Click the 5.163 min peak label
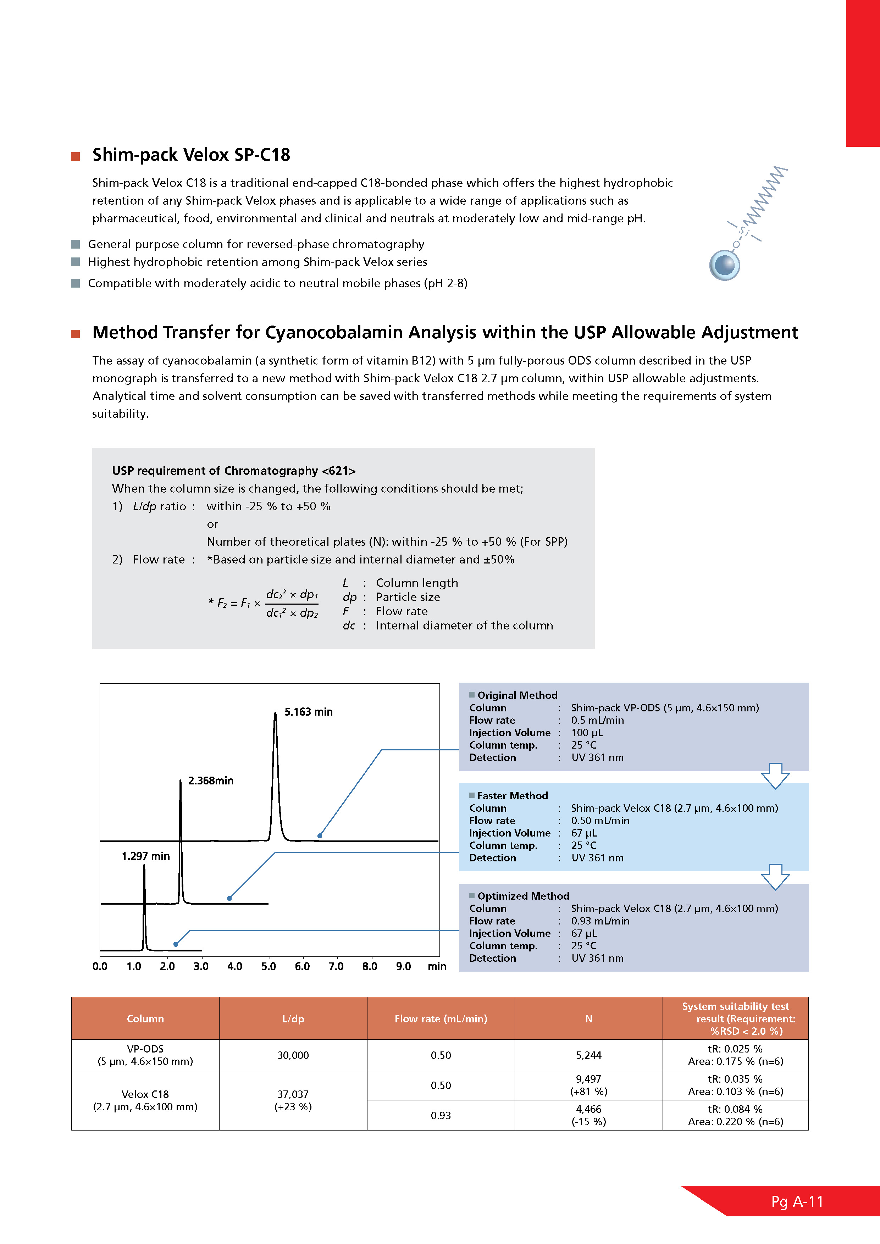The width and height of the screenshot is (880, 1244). click(308, 712)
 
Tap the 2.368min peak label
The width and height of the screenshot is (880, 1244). click(210, 781)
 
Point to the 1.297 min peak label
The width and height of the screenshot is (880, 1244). click(145, 856)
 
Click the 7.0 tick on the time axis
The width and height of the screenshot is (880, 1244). click(336, 967)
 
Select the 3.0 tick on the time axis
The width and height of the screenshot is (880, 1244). click(201, 967)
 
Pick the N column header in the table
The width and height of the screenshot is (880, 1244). click(588, 1018)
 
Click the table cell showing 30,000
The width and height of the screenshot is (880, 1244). click(293, 1055)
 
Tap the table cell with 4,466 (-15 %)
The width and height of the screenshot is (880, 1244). click(588, 1115)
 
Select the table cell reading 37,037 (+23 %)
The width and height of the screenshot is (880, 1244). click(293, 1100)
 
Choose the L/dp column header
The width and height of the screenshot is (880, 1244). click(293, 1018)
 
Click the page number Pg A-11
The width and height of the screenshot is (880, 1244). click(797, 1202)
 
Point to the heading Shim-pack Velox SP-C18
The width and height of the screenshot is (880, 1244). click(191, 155)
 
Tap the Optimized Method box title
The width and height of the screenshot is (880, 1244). click(523, 896)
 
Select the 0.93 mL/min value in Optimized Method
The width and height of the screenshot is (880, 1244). click(600, 921)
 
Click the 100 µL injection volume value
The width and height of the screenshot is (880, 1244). click(587, 733)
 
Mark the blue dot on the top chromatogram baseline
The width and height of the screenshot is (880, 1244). click(320, 835)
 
